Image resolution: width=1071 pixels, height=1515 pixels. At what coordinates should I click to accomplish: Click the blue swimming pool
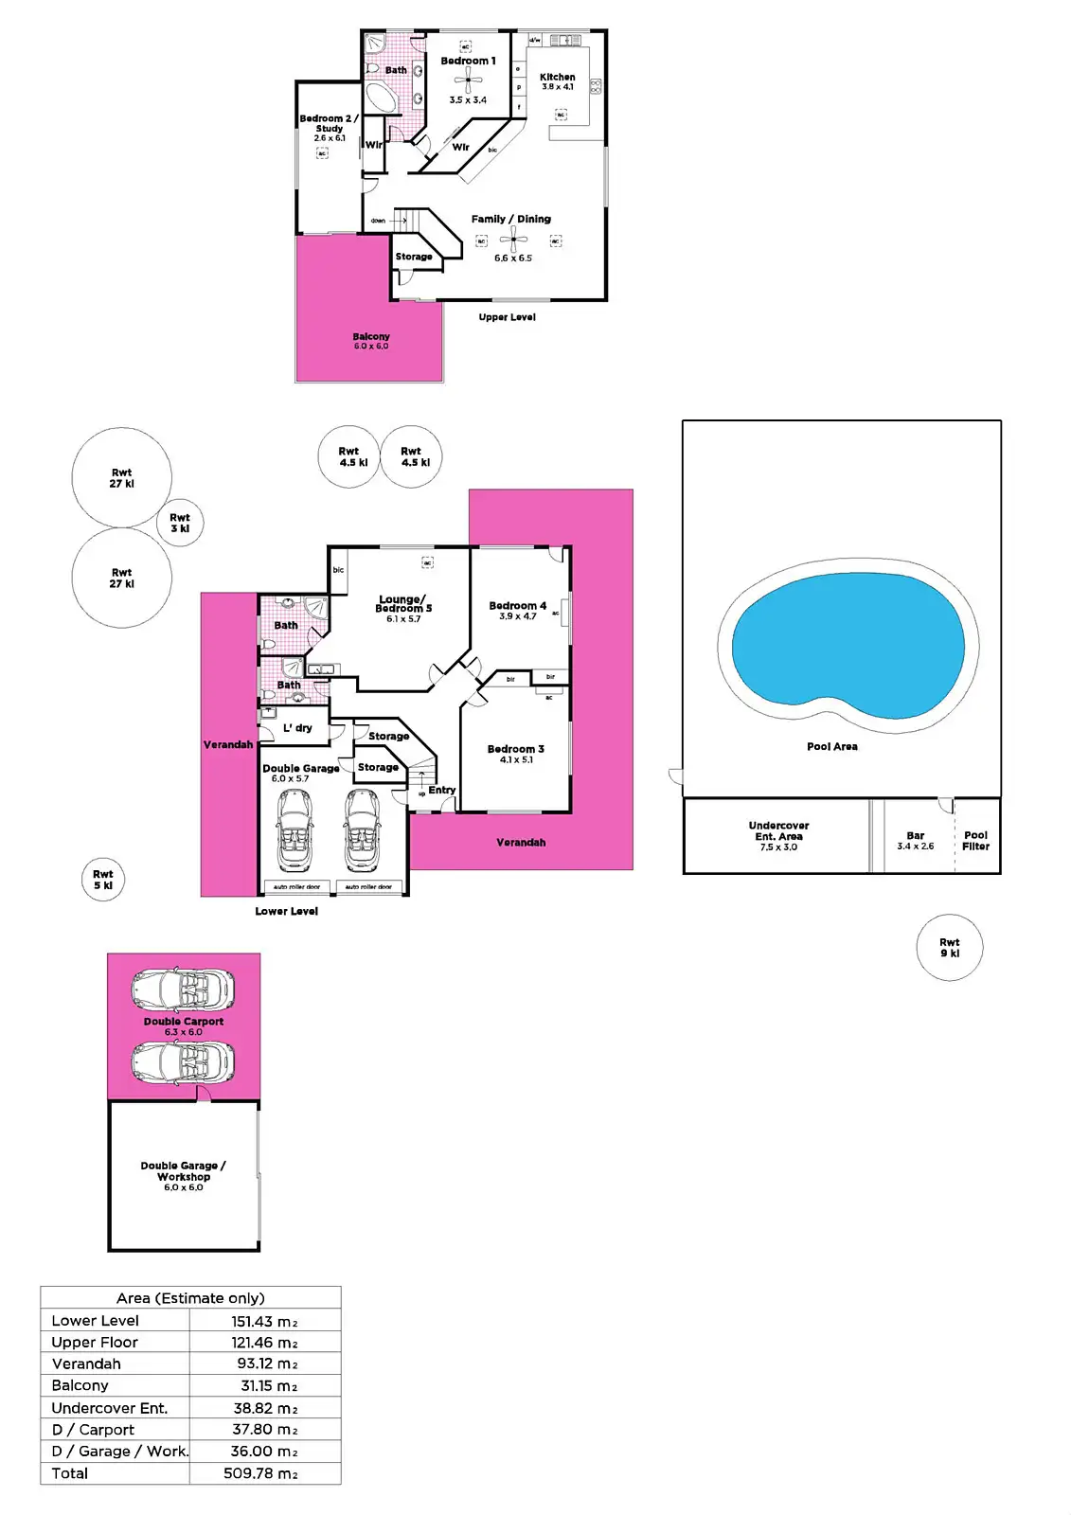(848, 649)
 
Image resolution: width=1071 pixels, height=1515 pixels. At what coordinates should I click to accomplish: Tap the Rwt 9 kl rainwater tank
(949, 947)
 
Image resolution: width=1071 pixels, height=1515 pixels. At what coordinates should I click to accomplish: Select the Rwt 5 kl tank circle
(103, 880)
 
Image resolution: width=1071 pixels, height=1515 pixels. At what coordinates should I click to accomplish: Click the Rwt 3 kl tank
(180, 523)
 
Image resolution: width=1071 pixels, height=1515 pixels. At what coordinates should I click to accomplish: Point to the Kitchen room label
(557, 78)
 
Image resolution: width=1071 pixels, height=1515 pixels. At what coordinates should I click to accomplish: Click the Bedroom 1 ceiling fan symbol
(467, 80)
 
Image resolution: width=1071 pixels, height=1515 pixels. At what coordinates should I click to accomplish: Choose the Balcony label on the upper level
(371, 337)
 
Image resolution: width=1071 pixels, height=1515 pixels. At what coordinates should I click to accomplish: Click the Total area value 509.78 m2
(260, 1473)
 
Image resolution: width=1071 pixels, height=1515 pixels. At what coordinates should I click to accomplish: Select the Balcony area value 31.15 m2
(269, 1385)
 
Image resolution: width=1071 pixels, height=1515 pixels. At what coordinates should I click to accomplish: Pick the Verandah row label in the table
(86, 1363)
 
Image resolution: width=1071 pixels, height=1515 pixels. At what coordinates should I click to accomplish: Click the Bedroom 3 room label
(515, 749)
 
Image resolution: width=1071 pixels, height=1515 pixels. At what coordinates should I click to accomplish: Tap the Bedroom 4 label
(517, 606)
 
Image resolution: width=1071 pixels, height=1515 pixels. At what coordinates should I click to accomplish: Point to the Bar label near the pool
(915, 836)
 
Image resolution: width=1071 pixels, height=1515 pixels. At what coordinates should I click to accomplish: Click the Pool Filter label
(975, 841)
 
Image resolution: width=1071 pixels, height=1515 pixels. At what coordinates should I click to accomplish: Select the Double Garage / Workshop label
(183, 1171)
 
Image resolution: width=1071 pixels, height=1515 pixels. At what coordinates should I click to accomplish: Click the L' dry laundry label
(297, 728)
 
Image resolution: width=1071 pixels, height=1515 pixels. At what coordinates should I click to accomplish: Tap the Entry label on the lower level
(441, 790)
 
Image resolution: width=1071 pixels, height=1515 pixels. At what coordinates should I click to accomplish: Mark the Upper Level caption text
(507, 317)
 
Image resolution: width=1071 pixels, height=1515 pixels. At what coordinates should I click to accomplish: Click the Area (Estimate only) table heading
(190, 1298)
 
